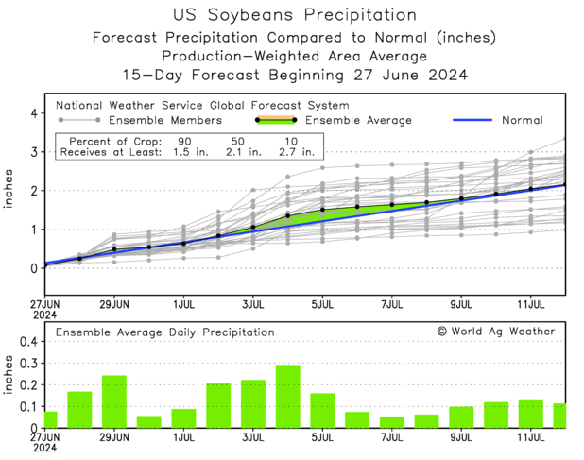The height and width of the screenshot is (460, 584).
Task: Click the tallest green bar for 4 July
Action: pos(287,397)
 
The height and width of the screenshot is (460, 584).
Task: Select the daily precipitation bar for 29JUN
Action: pos(114,401)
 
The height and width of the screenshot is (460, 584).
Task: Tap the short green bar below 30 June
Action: pos(148,421)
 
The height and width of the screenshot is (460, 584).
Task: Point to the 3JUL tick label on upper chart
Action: pos(252,306)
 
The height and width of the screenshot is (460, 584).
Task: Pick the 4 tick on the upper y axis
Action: pos(33,113)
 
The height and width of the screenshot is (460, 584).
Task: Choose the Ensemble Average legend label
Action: pos(358,121)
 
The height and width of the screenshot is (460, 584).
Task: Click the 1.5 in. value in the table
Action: pos(185,151)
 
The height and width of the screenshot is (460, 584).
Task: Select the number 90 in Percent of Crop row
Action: pos(185,139)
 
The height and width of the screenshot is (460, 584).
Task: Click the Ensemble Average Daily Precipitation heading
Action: pos(164,332)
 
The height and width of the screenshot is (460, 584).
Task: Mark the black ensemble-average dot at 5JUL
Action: pos(322,210)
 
